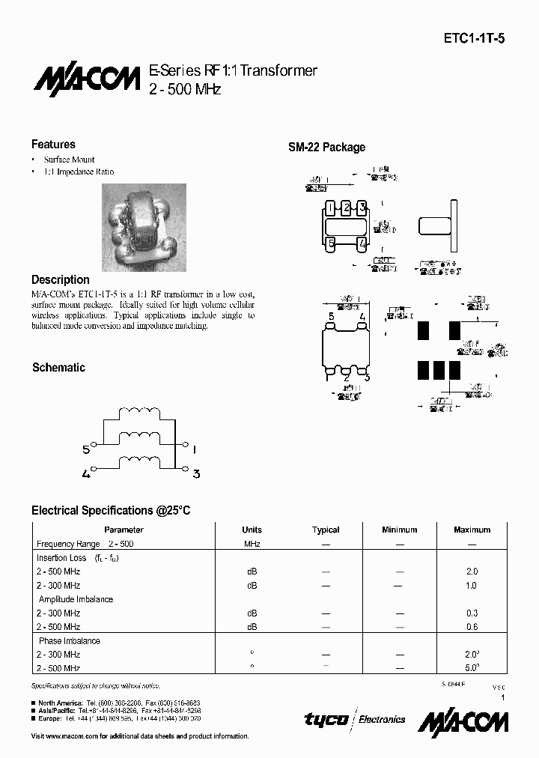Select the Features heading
click(53, 145)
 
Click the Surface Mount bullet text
click(69, 160)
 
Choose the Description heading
click(61, 279)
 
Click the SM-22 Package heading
click(327, 148)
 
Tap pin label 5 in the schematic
click(86, 449)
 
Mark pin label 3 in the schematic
click(195, 473)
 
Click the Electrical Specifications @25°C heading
click(111, 510)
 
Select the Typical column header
click(326, 530)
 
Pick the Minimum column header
click(399, 530)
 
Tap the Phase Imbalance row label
click(69, 641)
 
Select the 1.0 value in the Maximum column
click(472, 586)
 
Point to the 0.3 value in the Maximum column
click(472, 613)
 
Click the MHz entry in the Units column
click(252, 544)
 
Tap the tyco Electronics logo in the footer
click(354, 719)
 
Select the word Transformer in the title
click(279, 70)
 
